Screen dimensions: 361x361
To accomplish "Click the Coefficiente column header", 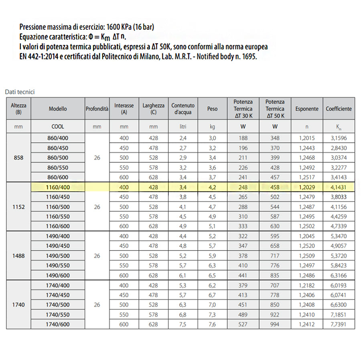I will [339, 109].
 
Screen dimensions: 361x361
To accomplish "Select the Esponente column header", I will [307, 109].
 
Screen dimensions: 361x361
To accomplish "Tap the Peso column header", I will [212, 109].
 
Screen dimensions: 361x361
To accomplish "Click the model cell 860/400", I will [58, 138].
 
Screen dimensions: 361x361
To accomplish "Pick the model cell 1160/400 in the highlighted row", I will [58, 187].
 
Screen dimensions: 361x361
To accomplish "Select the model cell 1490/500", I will [58, 256].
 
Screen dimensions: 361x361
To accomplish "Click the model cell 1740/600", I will [58, 324].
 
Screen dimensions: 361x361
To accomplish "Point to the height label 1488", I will [18, 256].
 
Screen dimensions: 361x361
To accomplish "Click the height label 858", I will [18, 158].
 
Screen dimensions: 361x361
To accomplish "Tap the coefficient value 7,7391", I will [339, 324].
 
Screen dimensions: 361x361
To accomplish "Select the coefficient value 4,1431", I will [339, 187].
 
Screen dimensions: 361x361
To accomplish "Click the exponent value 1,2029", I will [307, 187].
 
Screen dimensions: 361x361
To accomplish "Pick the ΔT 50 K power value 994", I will [275, 324].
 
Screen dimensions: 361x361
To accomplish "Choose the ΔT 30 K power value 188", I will [243, 138].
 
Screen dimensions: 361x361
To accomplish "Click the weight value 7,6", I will [212, 324].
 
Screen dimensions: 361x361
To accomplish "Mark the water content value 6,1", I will [183, 276].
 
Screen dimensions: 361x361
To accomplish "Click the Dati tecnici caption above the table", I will [20, 92].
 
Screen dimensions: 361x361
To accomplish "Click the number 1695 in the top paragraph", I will [247, 57].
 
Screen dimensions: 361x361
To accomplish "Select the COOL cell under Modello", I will [58, 127].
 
